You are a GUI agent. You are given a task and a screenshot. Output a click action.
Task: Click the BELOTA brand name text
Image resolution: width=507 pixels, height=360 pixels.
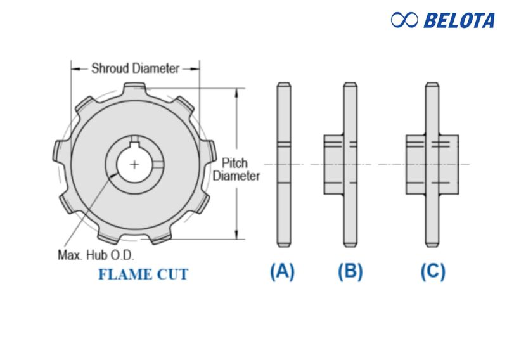pos(459,20)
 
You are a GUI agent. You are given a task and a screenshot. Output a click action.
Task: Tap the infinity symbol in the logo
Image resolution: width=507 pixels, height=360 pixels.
pos(404,20)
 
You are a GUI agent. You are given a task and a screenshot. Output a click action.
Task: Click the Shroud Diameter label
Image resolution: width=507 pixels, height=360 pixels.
pos(135,68)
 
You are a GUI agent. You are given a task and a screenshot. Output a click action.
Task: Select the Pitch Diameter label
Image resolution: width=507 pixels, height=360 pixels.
pos(236,169)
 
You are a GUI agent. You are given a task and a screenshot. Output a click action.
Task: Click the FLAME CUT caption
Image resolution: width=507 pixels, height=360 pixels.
pos(143,274)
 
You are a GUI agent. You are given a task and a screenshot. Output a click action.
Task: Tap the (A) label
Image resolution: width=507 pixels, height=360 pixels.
pos(283,272)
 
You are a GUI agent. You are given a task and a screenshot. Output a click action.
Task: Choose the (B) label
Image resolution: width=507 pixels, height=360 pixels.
pos(350,272)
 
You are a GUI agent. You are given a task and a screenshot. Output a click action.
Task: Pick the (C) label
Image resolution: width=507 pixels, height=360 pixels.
pos(433,272)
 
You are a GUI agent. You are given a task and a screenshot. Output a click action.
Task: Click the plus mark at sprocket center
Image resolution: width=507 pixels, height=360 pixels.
pos(134,164)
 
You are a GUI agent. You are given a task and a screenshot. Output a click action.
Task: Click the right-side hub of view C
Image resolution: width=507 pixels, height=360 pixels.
pos(449,164)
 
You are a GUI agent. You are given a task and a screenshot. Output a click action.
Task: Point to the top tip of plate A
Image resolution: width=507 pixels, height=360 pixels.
pos(283,85)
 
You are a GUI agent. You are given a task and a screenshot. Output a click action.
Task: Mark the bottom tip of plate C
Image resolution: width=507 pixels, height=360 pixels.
pos(433,245)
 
